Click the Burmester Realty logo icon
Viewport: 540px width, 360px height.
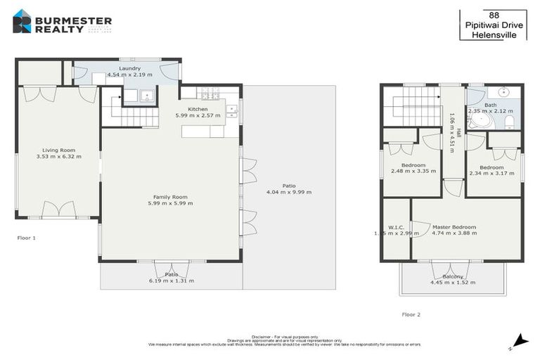tap(22, 21)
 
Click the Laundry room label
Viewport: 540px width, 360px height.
tap(129, 68)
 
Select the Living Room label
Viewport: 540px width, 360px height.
tap(58, 150)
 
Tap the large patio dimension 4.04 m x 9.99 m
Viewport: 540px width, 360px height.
tap(288, 192)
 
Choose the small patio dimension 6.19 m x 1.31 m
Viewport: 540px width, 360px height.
tap(172, 281)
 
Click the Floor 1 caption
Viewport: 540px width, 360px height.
tap(26, 238)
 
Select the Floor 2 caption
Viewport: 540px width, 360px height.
tap(411, 314)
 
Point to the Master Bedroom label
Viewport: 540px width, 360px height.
tap(454, 227)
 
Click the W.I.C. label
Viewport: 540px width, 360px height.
tap(396, 227)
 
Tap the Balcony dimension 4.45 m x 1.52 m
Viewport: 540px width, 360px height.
tap(453, 283)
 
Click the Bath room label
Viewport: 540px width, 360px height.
tap(500, 105)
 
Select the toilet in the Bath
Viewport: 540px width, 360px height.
tap(510, 122)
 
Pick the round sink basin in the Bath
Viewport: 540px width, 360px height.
tap(504, 91)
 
